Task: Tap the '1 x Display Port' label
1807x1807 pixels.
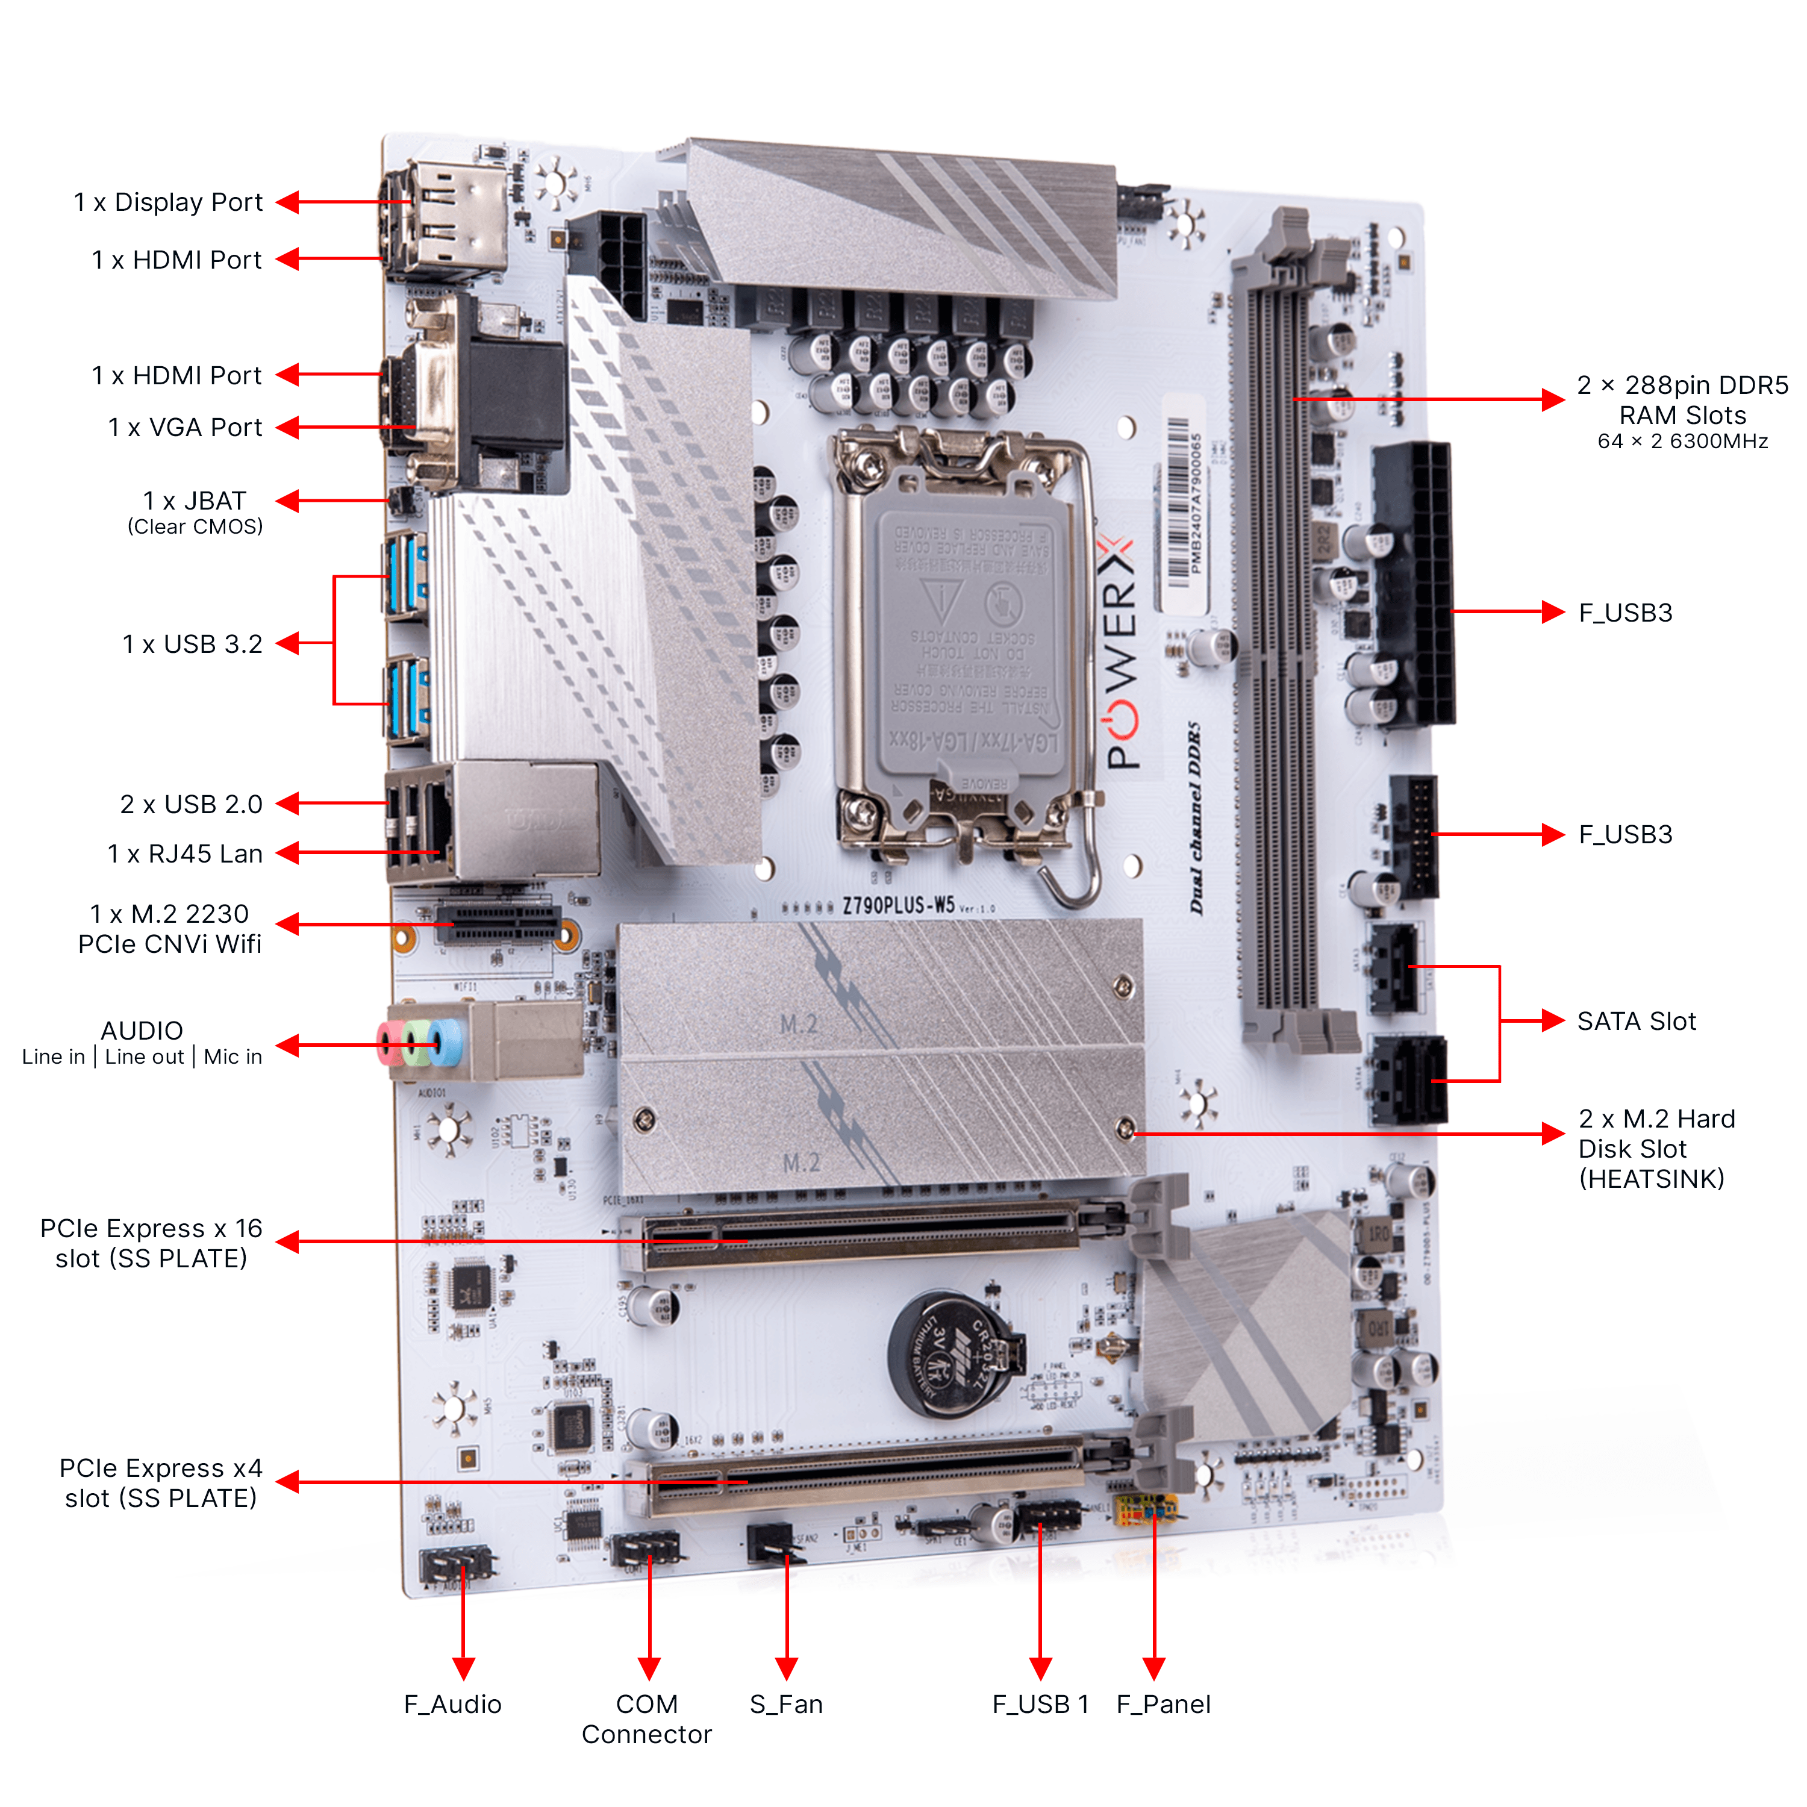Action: pyautogui.click(x=169, y=202)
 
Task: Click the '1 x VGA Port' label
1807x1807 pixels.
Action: pyautogui.click(x=185, y=428)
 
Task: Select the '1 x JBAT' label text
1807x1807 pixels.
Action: pyautogui.click(x=195, y=501)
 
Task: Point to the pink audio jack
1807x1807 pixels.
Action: pyautogui.click(x=388, y=1044)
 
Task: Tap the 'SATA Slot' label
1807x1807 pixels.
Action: pyautogui.click(x=1636, y=1022)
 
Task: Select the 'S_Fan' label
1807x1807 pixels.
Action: pyautogui.click(x=785, y=1704)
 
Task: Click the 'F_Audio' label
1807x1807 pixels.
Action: pyautogui.click(x=453, y=1704)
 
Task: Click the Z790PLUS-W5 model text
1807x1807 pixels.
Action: pyautogui.click(x=898, y=905)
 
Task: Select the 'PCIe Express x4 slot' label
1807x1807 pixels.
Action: pyautogui.click(x=161, y=1482)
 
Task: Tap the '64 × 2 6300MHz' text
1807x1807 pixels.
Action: pyautogui.click(x=1682, y=442)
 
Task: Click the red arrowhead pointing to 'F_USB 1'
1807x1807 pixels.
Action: pyautogui.click(x=1040, y=1668)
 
